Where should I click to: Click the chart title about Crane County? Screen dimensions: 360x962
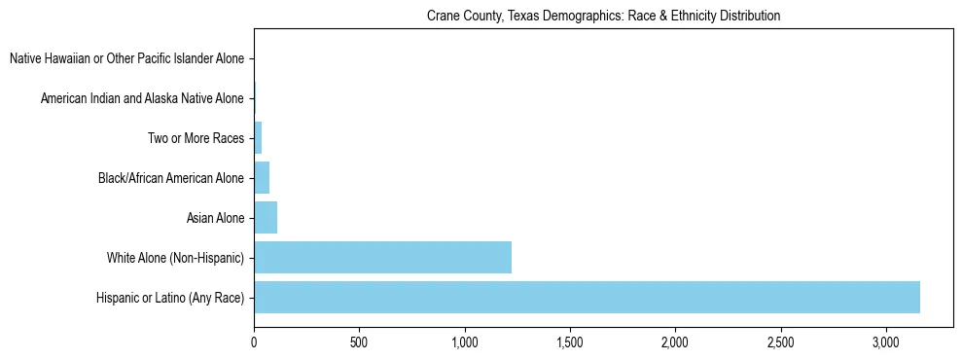603,17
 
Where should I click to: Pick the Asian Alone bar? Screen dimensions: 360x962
266,218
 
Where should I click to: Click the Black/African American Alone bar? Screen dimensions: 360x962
262,178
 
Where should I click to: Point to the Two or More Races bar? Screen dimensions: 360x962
258,138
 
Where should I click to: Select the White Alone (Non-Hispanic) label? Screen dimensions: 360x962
176,258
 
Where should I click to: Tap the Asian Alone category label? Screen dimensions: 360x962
216,218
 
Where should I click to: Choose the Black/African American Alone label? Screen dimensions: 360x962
171,178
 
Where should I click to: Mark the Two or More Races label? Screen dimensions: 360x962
196,138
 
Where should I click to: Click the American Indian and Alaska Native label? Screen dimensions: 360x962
143,98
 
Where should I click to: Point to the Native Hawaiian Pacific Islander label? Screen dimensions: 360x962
127,59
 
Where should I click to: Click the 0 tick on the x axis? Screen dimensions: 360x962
254,342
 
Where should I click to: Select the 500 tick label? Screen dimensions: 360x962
359,342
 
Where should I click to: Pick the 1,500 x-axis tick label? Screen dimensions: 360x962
570,342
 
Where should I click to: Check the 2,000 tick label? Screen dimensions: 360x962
675,342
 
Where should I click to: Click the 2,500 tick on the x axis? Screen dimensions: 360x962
780,342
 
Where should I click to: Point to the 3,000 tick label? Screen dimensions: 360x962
886,342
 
